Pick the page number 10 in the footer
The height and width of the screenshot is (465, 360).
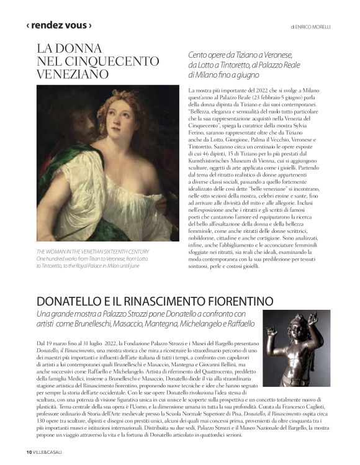click(29, 451)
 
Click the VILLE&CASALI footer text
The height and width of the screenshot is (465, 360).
click(48, 451)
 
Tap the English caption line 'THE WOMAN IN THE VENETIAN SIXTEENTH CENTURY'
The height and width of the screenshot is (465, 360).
click(93, 251)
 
